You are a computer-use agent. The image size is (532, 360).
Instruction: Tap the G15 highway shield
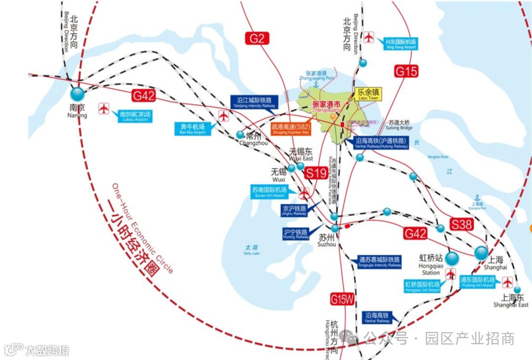[406, 71]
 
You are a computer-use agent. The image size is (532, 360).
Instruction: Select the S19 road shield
[315, 173]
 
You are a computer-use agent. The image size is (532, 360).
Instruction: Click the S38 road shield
[462, 225]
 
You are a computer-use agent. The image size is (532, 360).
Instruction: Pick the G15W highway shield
[342, 299]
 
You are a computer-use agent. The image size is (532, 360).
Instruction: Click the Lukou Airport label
[135, 116]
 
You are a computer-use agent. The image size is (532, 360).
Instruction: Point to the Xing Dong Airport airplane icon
[368, 37]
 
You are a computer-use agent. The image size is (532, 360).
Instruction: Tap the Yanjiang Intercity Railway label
[254, 102]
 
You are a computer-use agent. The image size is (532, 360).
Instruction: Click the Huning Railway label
[296, 234]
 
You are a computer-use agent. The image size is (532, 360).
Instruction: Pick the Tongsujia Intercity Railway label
[380, 262]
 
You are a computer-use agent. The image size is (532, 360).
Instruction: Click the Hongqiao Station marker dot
[452, 259]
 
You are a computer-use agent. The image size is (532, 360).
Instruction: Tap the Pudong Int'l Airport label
[477, 282]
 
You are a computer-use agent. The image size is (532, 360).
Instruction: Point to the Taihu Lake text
[251, 250]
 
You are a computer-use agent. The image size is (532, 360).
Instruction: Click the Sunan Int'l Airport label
[270, 192]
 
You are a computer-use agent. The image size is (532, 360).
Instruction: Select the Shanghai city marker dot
[481, 253]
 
